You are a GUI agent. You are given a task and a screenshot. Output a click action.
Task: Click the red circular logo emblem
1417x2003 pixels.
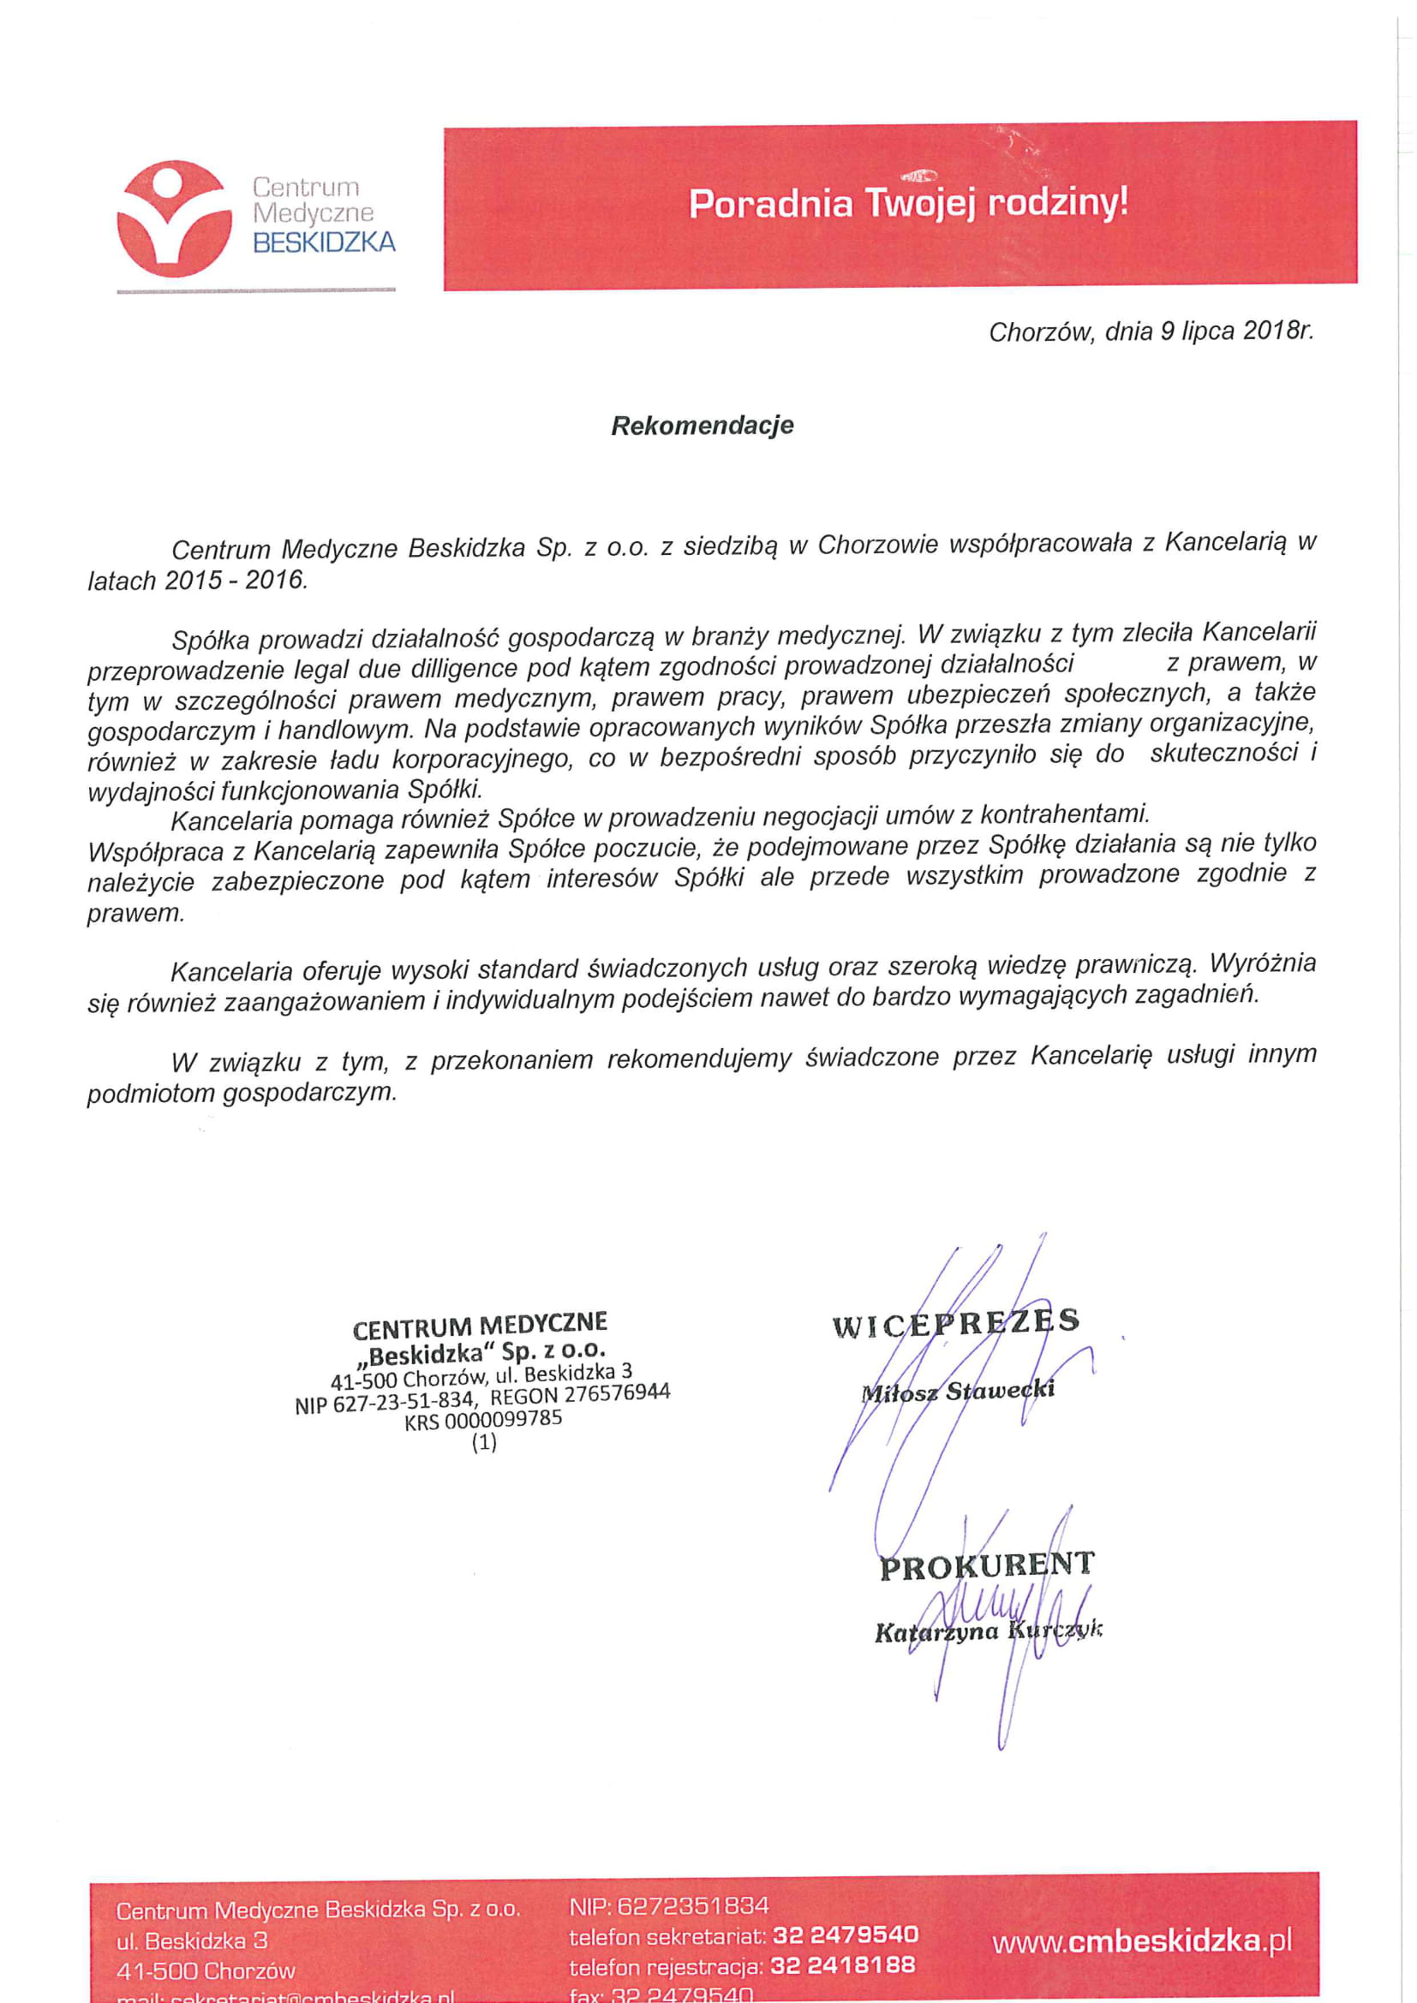(x=175, y=218)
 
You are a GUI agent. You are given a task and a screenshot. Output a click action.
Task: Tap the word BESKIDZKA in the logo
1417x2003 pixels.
(x=324, y=242)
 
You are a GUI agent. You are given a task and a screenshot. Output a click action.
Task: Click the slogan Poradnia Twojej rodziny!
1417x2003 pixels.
(x=907, y=203)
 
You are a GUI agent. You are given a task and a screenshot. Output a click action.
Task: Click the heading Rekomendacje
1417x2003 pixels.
(x=703, y=426)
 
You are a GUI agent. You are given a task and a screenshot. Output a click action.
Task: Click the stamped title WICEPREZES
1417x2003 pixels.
(x=956, y=1323)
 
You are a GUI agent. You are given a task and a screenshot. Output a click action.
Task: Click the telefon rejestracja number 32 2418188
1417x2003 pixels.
(x=843, y=1964)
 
